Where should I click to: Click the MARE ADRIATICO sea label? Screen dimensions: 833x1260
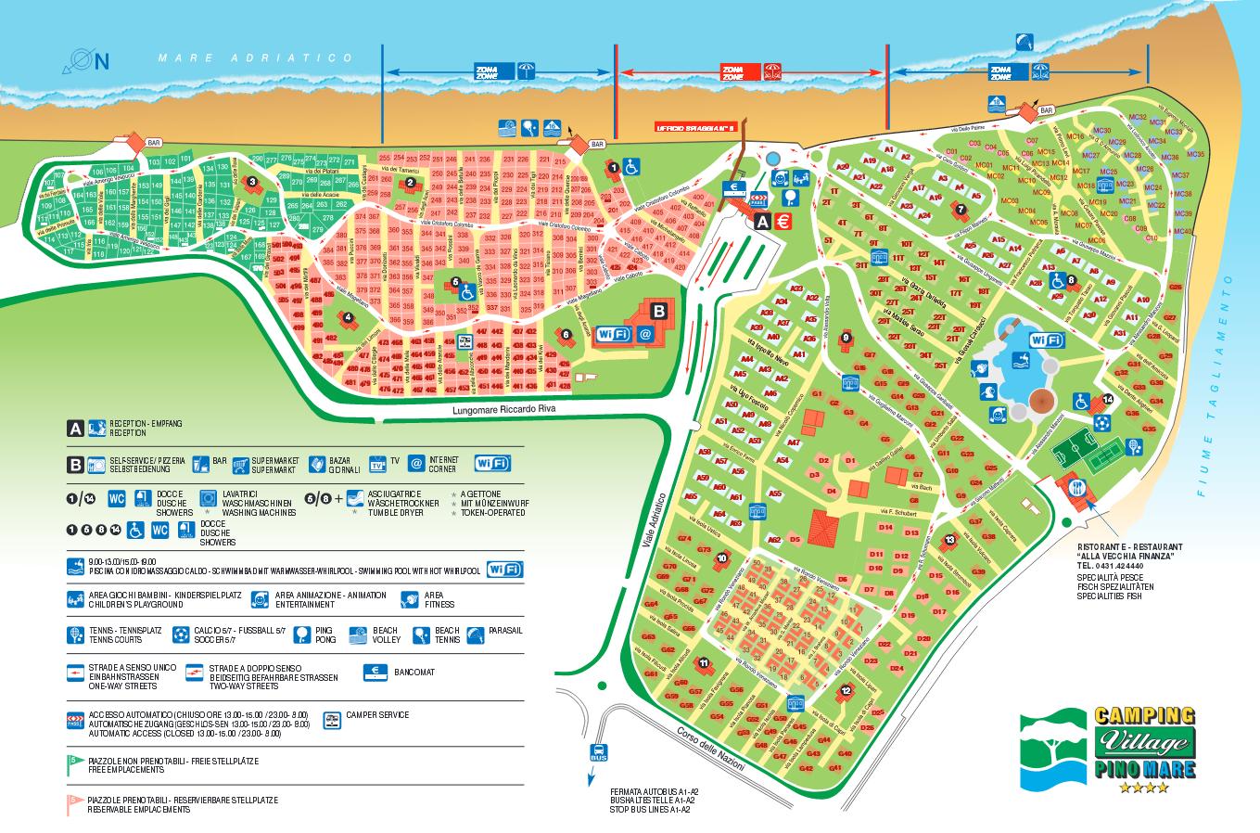coord(256,58)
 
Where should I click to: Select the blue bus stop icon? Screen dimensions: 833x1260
coord(599,752)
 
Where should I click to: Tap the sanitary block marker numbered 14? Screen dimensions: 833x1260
coord(1108,399)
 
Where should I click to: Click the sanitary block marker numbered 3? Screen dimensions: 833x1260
coord(251,182)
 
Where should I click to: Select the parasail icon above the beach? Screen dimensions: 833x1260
coord(1023,42)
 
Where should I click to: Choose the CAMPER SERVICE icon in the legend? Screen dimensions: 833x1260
coord(331,720)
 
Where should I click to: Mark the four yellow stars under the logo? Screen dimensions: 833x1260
coord(1143,788)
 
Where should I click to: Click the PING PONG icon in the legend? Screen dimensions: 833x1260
coord(302,634)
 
